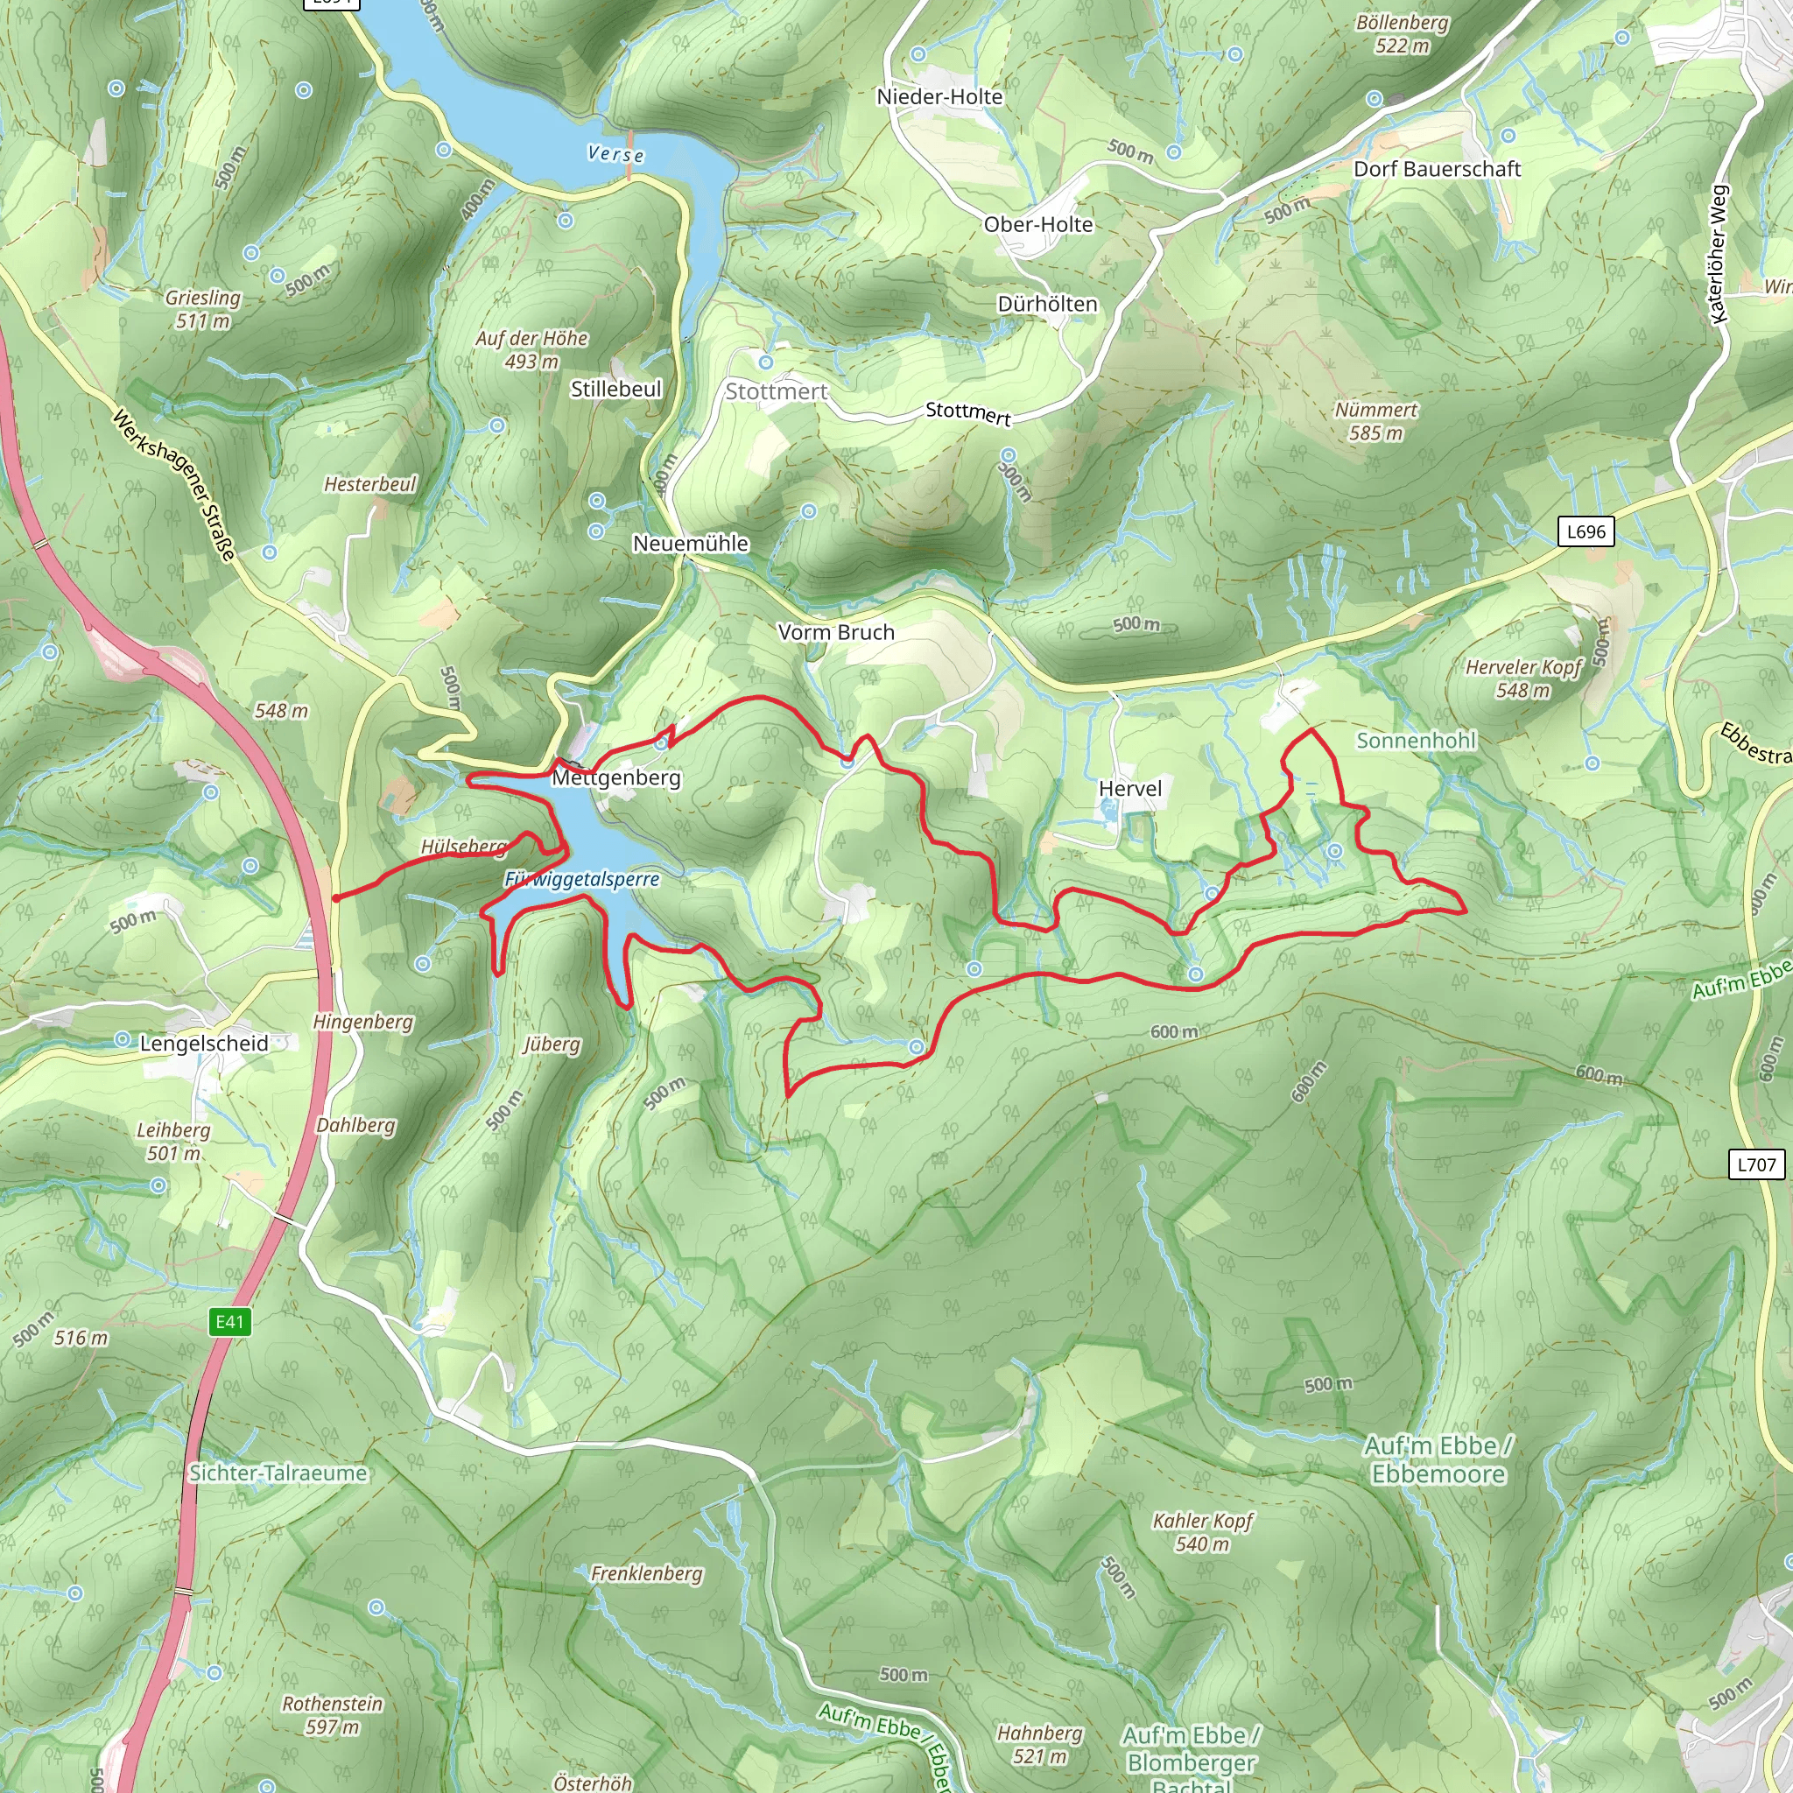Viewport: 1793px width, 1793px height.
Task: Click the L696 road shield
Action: pos(1586,531)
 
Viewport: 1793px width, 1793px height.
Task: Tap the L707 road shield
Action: pos(1756,1164)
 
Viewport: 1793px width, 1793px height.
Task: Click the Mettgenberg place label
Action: pos(616,777)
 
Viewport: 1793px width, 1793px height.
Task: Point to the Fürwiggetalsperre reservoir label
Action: pos(582,879)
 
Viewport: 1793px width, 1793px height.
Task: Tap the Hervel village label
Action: pos(1129,789)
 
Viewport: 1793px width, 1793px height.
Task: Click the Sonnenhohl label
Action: pos(1416,741)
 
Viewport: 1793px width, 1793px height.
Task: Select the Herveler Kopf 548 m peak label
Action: pos(1523,679)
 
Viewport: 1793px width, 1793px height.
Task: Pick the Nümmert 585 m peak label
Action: pos(1375,421)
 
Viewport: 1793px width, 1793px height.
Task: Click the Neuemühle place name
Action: pos(691,544)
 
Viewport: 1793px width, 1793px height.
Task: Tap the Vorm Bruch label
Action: pos(836,633)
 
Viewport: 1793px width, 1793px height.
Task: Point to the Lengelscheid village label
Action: pos(204,1043)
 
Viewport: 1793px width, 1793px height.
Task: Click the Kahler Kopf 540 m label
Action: pos(1202,1532)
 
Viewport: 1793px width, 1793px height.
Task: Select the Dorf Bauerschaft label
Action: pos(1437,169)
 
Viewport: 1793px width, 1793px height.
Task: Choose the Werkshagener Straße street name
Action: pos(173,485)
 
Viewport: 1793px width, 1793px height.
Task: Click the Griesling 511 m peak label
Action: pos(203,309)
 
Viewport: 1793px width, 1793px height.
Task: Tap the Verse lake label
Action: pos(616,154)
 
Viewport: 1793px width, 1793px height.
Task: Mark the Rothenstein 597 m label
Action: pos(332,1715)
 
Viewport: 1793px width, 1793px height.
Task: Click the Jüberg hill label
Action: pos(552,1045)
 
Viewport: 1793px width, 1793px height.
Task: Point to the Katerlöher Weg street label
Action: pos(1719,254)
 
